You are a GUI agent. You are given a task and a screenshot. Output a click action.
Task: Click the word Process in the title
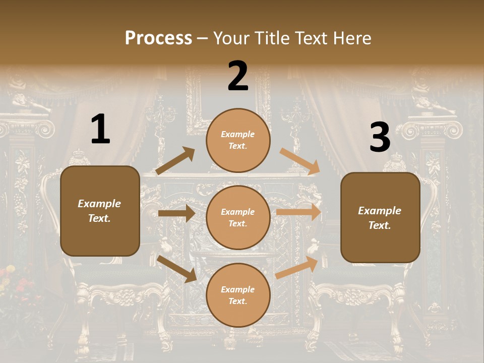[x=158, y=38]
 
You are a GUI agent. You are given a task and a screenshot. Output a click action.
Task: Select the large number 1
[x=100, y=130]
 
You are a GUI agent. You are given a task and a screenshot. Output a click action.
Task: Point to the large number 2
[x=238, y=77]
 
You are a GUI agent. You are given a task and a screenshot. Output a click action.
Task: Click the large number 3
[x=380, y=138]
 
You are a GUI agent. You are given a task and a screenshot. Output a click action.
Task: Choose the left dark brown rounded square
[x=100, y=211]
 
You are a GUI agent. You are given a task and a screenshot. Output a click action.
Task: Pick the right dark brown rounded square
[x=380, y=217]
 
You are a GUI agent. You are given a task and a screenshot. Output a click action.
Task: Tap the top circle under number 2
[x=238, y=140]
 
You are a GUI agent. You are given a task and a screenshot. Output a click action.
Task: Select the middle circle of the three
[x=238, y=217]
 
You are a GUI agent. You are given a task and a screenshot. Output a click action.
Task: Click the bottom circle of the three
[x=238, y=295]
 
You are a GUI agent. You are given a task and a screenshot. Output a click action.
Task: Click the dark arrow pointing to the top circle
[x=175, y=161]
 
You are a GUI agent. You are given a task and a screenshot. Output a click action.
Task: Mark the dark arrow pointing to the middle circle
[x=176, y=213]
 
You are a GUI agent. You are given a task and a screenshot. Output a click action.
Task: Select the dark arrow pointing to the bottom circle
[x=177, y=268]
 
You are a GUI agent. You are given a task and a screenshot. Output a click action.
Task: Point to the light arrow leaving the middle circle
[x=298, y=212]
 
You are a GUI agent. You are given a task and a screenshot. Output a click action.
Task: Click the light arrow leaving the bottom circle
[x=297, y=268]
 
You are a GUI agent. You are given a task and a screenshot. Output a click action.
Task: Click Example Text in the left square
[x=99, y=211]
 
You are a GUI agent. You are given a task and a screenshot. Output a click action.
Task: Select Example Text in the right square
[x=380, y=218]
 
